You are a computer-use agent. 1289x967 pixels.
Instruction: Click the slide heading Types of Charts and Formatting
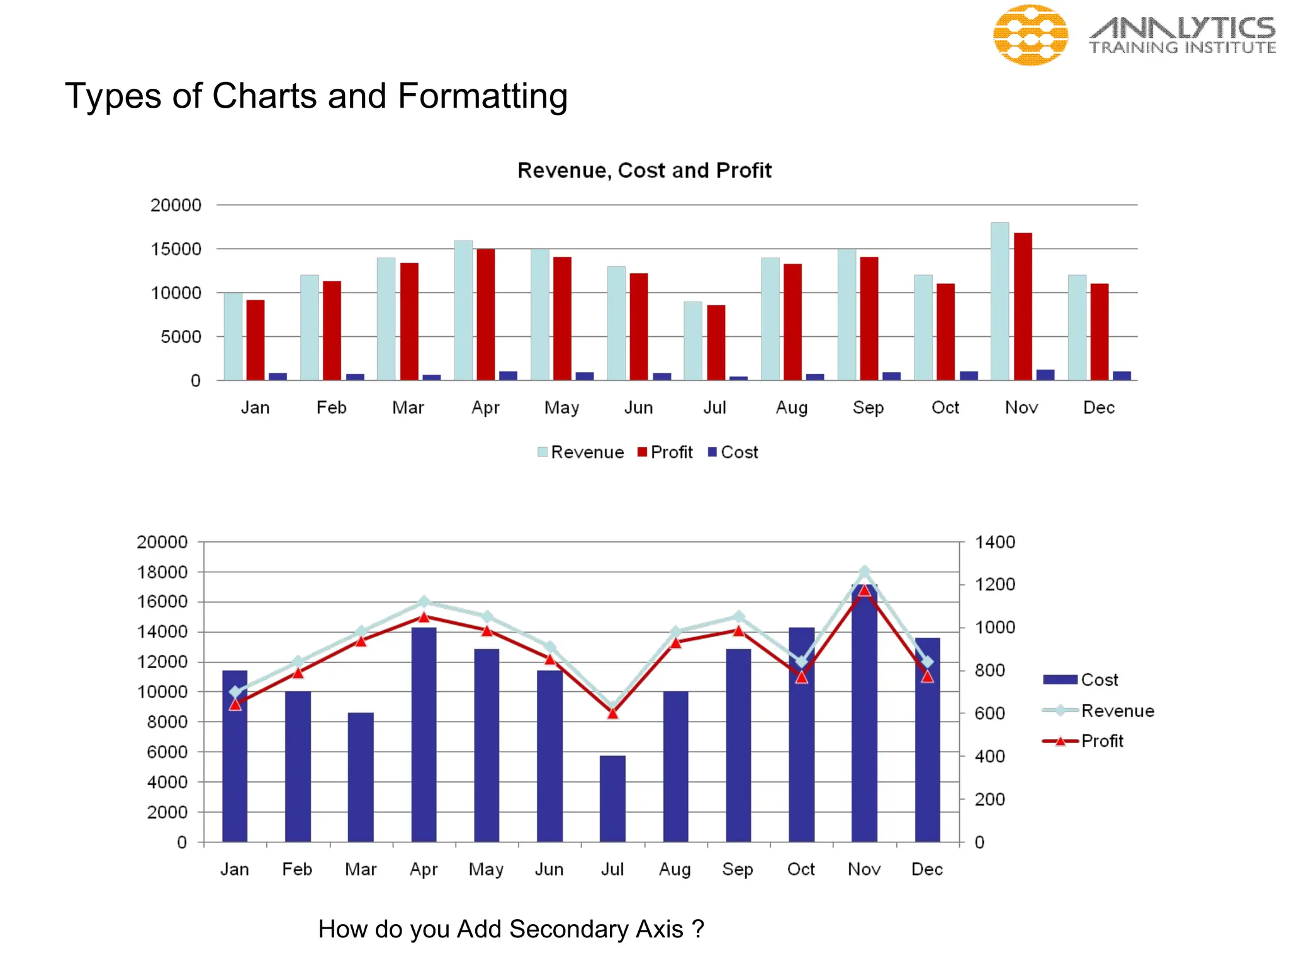coord(316,96)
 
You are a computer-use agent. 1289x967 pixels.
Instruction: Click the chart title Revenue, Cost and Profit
coord(644,171)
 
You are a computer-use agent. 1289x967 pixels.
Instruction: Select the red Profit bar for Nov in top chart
coord(1023,306)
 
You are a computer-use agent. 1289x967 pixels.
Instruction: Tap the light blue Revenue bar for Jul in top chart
coord(693,341)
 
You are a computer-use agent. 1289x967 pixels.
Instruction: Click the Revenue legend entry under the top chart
coord(580,452)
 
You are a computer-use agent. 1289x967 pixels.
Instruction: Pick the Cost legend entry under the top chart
coord(733,452)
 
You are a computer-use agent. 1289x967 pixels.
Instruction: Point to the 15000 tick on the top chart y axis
coord(176,249)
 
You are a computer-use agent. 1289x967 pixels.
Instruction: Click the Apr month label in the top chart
coord(485,408)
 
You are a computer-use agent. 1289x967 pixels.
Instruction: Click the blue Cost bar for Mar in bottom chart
coord(361,777)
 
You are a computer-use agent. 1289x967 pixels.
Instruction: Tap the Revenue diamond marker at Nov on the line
coord(864,572)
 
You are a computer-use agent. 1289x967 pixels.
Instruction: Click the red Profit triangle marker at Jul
coord(612,713)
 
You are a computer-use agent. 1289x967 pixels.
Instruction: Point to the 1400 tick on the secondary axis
coord(994,542)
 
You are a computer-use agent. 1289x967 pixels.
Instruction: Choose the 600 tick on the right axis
coord(989,713)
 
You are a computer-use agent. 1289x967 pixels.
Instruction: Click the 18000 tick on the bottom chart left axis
coord(162,572)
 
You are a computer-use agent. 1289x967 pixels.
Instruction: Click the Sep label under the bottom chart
coord(738,869)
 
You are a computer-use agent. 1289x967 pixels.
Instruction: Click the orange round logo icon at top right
coord(1030,35)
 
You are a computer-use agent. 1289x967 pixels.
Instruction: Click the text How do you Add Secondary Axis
coord(510,929)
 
